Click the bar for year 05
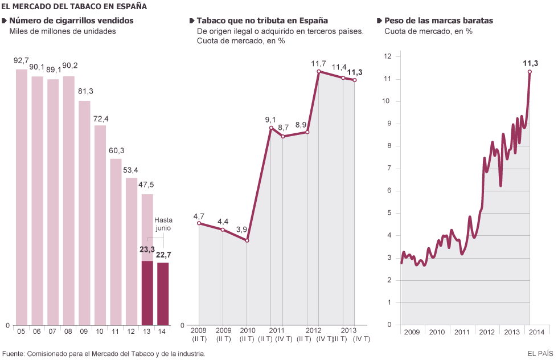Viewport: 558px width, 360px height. tap(21, 197)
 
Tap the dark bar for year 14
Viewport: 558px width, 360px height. tap(163, 293)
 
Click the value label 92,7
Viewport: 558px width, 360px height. tap(21, 60)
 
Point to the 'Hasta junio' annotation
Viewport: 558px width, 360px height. tap(163, 224)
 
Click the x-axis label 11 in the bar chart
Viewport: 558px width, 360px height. tap(116, 331)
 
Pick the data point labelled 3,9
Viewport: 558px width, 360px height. tap(247, 240)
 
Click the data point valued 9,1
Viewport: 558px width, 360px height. tap(271, 128)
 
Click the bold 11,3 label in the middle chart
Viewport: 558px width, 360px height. tap(355, 72)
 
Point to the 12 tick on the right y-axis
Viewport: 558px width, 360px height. tap(388, 56)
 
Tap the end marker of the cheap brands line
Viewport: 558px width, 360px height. tap(530, 72)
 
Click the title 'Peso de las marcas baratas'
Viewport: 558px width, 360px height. tap(438, 21)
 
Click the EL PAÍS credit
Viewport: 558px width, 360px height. tap(540, 354)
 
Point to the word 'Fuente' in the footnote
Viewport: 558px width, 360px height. tap(14, 354)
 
